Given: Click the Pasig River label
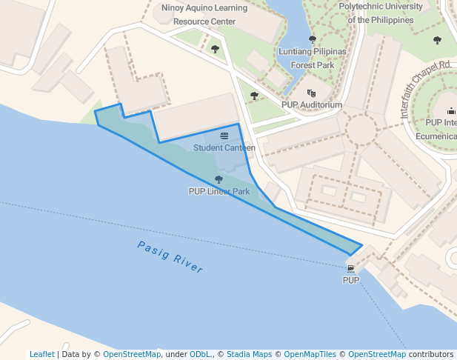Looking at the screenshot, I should [x=170, y=257].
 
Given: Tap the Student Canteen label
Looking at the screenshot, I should [x=224, y=147].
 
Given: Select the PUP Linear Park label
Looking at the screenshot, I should [x=219, y=191].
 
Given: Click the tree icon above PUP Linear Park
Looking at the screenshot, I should [x=219, y=179].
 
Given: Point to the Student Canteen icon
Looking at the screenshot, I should [x=224, y=136].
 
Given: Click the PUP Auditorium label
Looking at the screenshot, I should [x=312, y=105].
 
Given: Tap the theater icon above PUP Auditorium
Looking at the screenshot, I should [x=312, y=93].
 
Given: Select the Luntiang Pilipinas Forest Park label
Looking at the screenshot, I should [x=312, y=58].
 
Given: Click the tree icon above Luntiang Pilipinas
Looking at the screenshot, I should [x=312, y=39].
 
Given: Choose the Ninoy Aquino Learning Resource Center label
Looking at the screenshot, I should [x=204, y=16].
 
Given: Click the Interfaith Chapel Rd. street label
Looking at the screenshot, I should [x=425, y=90].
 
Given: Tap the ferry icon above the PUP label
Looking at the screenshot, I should [x=350, y=267].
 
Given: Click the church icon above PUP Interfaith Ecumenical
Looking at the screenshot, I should [x=451, y=111].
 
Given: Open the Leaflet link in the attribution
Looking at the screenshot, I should [x=41, y=355].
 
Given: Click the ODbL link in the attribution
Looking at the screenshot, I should [x=200, y=355].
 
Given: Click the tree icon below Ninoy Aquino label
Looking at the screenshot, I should [x=215, y=50].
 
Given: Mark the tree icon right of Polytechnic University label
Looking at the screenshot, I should [x=437, y=40].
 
